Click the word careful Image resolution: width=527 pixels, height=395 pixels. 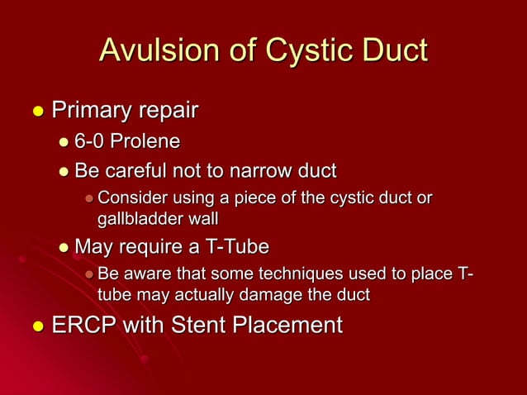[141, 171]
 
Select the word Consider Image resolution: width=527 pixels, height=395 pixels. [130, 199]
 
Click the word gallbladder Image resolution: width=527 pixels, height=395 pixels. [135, 219]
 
